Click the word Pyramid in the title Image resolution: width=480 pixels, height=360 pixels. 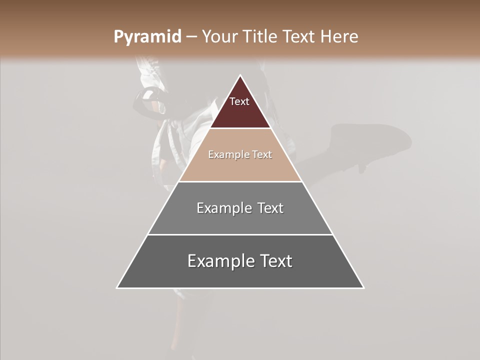tap(147, 37)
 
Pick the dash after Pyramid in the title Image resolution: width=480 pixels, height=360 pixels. tap(191, 37)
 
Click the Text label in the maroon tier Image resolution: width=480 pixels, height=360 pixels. tap(239, 101)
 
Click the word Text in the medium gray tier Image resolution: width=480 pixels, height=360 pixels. tap(270, 208)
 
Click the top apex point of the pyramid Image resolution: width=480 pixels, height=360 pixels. tap(240, 75)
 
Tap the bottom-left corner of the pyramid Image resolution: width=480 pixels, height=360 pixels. tap(117, 288)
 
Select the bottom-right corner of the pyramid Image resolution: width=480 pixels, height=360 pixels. tap(364, 288)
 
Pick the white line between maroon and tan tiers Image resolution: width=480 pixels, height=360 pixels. tap(240, 128)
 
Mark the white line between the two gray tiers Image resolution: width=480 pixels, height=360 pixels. tap(240, 234)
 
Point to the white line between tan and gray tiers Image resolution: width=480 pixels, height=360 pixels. tap(240, 181)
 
